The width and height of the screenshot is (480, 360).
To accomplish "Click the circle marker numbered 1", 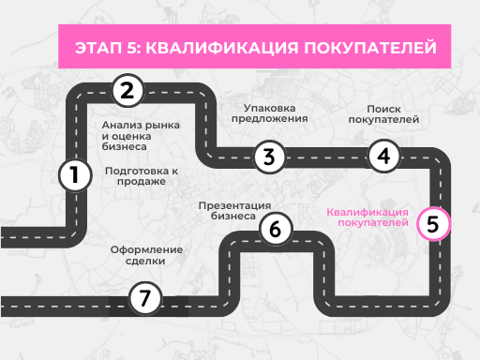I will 74,174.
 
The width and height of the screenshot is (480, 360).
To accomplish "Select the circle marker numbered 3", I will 269,157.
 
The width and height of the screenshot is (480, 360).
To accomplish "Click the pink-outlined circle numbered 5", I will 432,224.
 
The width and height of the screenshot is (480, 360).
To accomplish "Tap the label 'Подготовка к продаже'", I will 142,176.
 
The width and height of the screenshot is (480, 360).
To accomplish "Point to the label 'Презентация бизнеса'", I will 234,210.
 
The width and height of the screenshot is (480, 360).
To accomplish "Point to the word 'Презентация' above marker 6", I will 234,204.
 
